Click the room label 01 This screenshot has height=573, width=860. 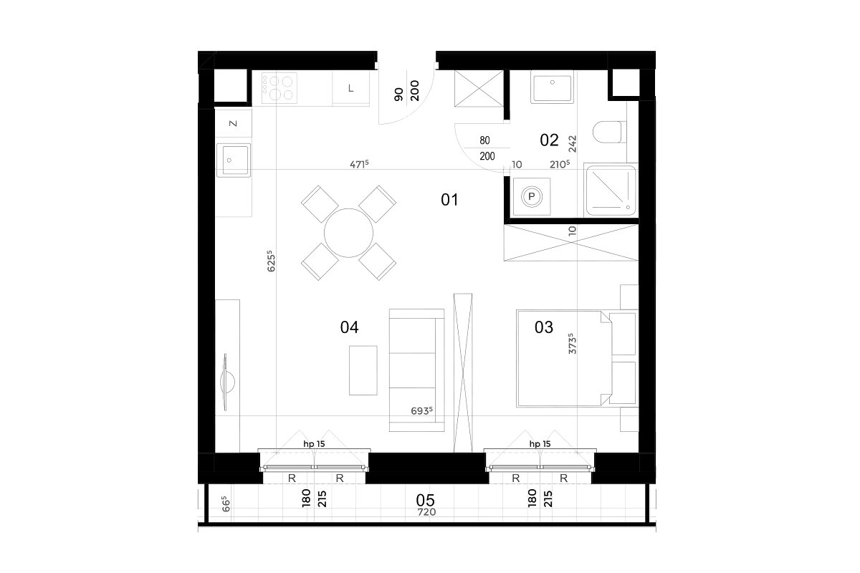pyautogui.click(x=449, y=200)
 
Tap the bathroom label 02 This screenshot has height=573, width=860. pyautogui.click(x=549, y=140)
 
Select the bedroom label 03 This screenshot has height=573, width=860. pyautogui.click(x=544, y=327)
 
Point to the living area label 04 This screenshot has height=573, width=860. pyautogui.click(x=350, y=327)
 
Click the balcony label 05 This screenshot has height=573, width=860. pyautogui.click(x=426, y=500)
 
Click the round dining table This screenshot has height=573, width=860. pyautogui.click(x=348, y=233)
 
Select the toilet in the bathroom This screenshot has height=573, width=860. pyautogui.click(x=609, y=132)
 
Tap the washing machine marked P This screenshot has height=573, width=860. pyautogui.click(x=532, y=196)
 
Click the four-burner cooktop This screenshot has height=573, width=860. pyautogui.click(x=279, y=88)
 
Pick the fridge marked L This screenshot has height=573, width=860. pyautogui.click(x=351, y=88)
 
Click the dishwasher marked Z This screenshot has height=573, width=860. pyautogui.click(x=233, y=123)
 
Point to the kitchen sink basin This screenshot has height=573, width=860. pyautogui.click(x=233, y=160)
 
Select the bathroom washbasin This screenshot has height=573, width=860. pyautogui.click(x=552, y=87)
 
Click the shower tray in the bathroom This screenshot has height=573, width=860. pyautogui.click(x=610, y=191)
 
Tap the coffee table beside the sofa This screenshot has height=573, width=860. pyautogui.click(x=363, y=370)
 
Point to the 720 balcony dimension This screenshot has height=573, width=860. pyautogui.click(x=426, y=512)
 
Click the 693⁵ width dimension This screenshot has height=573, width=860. pyautogui.click(x=421, y=410)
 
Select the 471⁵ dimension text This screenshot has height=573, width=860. pyautogui.click(x=359, y=164)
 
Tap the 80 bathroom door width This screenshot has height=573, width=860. pyautogui.click(x=484, y=140)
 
